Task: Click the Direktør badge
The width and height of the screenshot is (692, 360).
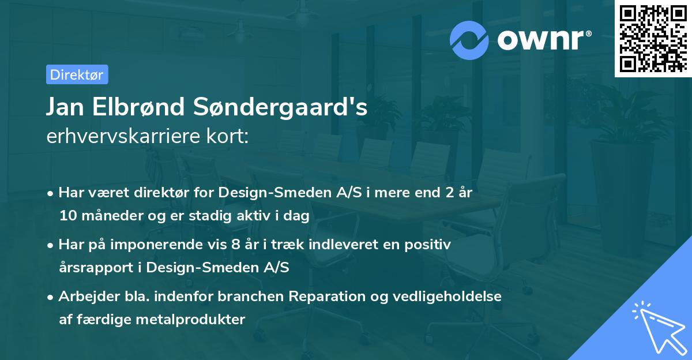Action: (x=77, y=74)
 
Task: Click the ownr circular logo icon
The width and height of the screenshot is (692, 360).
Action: (x=469, y=40)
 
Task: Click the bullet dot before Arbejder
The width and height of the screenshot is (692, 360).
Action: (x=51, y=297)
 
